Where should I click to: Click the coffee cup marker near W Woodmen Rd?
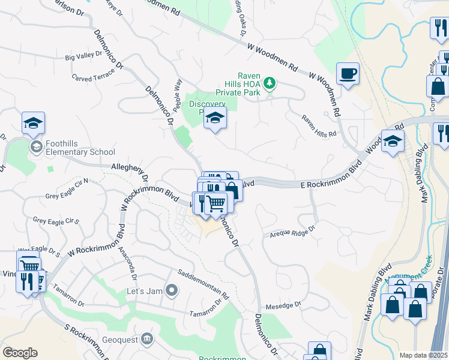[348, 74]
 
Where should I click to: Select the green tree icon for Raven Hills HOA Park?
[270, 82]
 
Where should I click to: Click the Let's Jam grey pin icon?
[172, 291]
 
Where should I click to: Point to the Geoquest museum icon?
[146, 340]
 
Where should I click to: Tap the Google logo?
[20, 353]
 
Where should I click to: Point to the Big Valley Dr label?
[83, 57]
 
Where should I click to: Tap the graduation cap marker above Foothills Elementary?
[34, 123]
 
